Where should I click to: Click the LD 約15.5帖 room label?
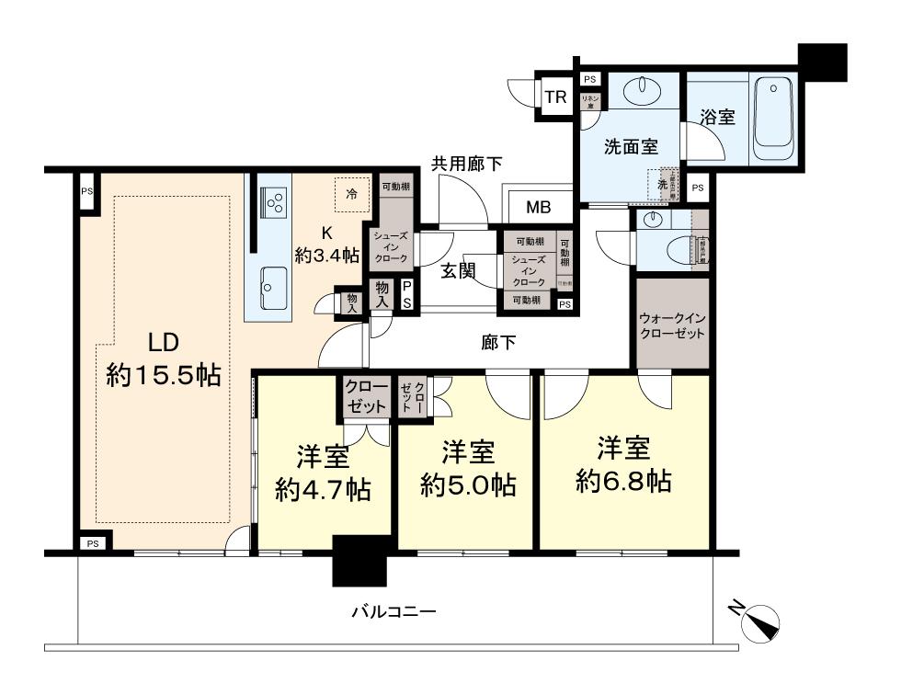pos(163,359)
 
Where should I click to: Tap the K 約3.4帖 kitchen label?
pos(326,245)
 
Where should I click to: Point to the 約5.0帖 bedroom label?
pos(468,468)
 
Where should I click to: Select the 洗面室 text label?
pos(630,145)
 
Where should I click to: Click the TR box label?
pos(554,97)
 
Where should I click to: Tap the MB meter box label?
pos(538,207)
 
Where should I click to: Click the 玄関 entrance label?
pos(457,271)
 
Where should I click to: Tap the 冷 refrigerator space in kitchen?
pos(351,194)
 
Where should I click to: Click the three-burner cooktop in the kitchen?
pos(274,201)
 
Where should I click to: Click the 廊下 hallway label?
pos(498,343)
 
